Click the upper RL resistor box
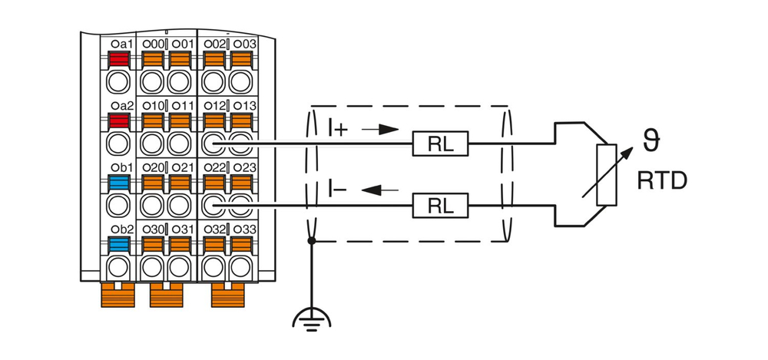442,143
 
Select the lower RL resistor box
442,205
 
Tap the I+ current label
337,128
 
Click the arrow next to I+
380,130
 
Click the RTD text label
661,182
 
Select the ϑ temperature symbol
651,141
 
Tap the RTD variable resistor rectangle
607,174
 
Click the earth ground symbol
312,317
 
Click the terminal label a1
121,44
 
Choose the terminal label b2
121,229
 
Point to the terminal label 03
244,44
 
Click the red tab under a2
118,120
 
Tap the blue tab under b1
118,182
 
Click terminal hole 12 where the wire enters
214,143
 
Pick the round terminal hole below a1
118,81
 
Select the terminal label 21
183,167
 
